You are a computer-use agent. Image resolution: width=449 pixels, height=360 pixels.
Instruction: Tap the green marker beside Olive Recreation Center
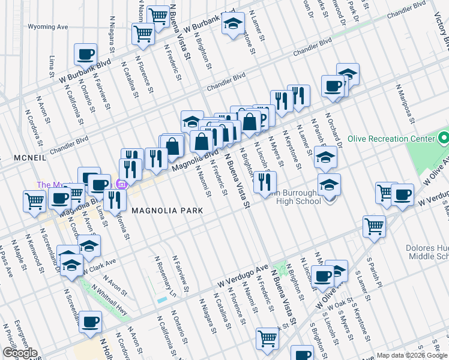click(x=443, y=139)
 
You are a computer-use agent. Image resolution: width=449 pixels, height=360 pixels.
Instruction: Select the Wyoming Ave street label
click(x=49, y=27)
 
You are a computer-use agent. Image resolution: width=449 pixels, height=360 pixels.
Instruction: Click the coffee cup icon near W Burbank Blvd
click(x=85, y=55)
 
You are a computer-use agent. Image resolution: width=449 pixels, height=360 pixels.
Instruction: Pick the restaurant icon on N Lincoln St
click(x=265, y=182)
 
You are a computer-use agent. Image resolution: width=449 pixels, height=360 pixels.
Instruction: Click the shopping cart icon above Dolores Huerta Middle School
click(x=374, y=227)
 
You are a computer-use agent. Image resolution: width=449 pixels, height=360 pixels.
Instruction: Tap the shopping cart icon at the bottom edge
click(x=267, y=338)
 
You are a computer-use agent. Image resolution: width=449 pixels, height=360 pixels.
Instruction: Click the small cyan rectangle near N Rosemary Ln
click(x=161, y=299)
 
